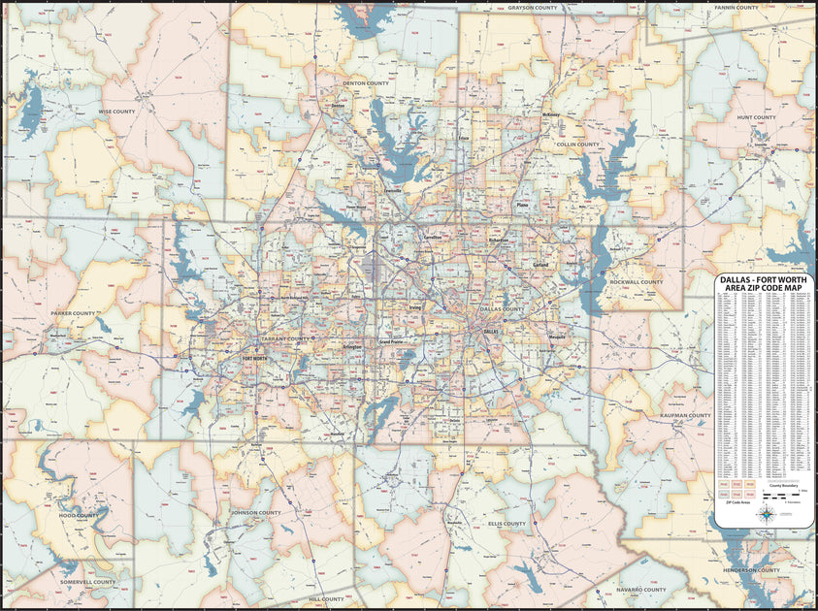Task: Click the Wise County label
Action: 116,112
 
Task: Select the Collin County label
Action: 577,145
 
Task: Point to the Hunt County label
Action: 756,117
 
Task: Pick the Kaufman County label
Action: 686,415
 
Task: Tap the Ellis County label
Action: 507,524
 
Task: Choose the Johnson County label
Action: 256,512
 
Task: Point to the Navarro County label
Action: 641,590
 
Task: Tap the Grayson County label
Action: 532,8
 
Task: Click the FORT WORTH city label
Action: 254,358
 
